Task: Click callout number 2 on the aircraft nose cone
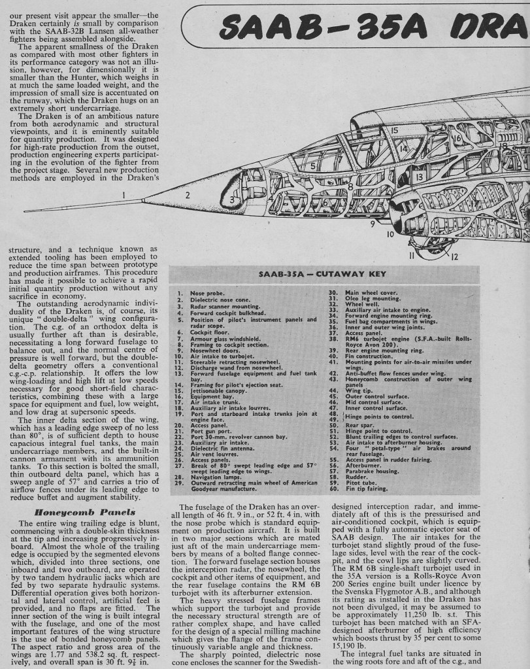coord(187,194)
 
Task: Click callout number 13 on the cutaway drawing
coord(419,177)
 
